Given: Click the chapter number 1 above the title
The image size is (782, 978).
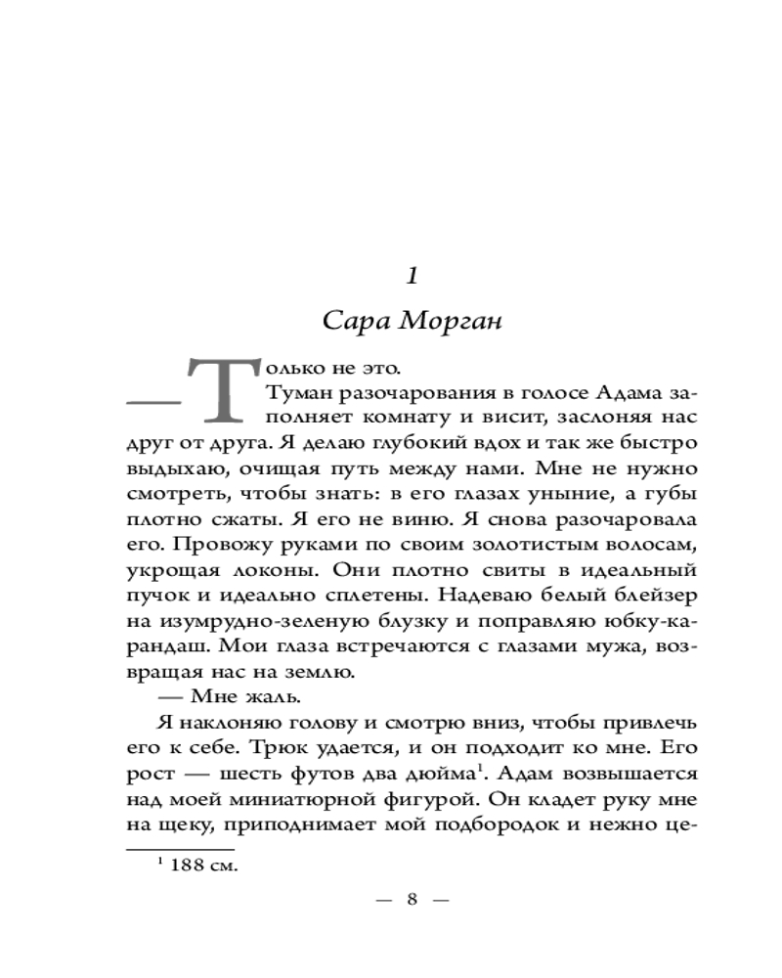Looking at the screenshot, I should pos(412,276).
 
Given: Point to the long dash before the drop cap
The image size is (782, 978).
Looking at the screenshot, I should pos(153,401).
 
